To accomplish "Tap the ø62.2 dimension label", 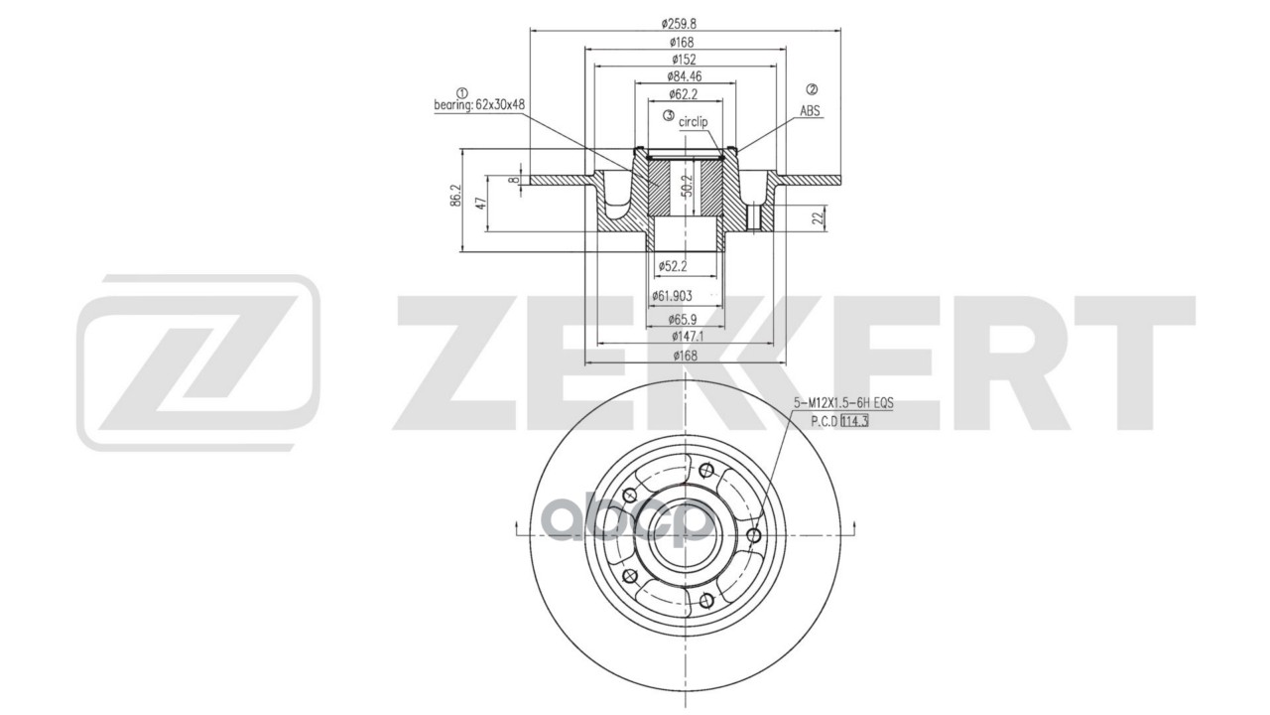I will [684, 94].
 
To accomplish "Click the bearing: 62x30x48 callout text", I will [480, 104].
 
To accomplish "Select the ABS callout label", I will [811, 111].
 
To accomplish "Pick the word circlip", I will [694, 121].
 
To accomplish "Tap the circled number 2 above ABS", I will [811, 90].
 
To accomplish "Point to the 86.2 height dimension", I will [455, 195].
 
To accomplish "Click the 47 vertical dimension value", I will [480, 202].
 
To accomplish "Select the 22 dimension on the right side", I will [817, 217].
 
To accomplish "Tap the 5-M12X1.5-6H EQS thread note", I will [842, 403].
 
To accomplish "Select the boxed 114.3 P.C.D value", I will [854, 421].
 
